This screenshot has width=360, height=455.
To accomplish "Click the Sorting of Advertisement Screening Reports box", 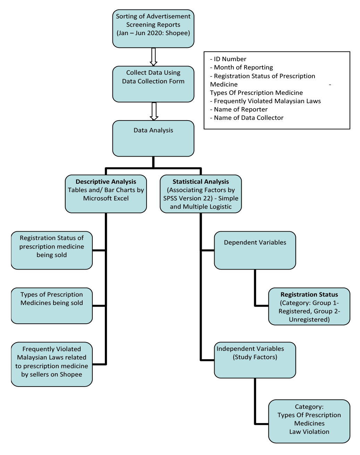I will point(153,28).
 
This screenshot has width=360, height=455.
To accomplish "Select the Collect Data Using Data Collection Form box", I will point(153,84).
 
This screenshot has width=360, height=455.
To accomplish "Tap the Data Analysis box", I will point(153,138).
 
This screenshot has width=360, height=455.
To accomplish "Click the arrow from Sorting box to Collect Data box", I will point(153,57).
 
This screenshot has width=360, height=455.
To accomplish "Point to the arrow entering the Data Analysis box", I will point(153,111).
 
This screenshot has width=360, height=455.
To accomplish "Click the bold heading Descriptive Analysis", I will point(106,182).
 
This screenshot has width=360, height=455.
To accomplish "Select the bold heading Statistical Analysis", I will point(201,182).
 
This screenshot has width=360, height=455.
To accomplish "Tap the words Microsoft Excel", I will point(106,198).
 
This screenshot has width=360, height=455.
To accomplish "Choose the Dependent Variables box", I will point(255,250).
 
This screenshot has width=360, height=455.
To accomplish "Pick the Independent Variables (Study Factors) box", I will point(255,360).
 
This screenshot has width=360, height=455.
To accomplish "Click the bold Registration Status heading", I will point(309,295).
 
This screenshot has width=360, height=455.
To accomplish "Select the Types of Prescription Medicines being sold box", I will point(52,306).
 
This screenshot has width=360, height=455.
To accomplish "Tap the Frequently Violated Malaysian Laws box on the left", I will point(52,364).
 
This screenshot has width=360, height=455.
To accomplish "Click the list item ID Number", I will point(230,59).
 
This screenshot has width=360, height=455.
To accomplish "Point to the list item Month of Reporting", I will point(243,67).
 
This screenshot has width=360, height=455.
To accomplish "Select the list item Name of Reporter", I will point(241,109).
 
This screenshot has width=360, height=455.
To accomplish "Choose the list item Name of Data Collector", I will point(249,118).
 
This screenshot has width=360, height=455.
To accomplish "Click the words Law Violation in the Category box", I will point(309,432).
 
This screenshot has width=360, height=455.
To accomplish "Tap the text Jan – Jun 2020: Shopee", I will point(153,33).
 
